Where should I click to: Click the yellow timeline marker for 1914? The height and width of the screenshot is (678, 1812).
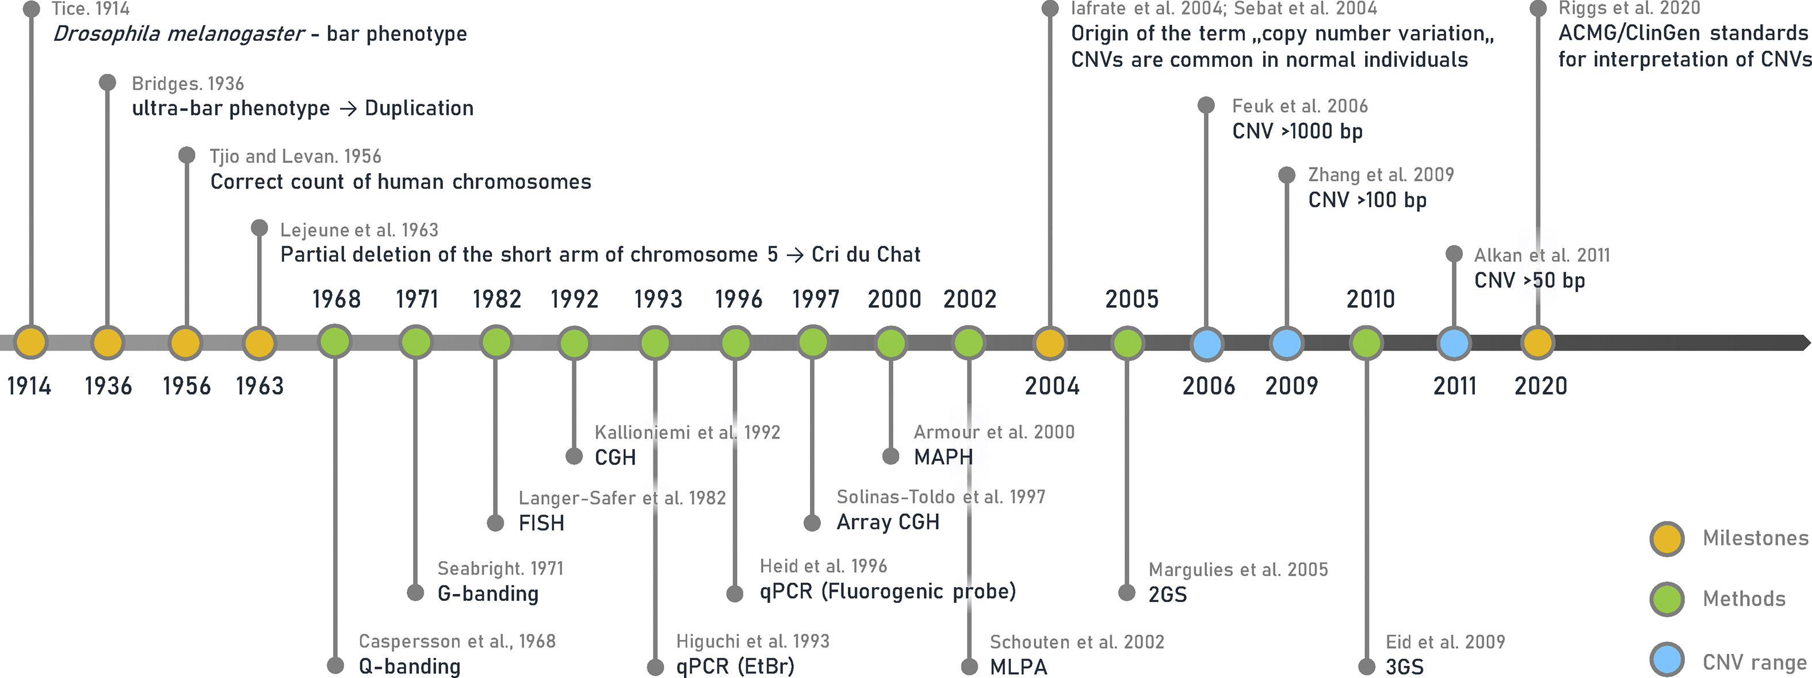coord(30,342)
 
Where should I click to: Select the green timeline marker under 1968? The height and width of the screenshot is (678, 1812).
coord(335,342)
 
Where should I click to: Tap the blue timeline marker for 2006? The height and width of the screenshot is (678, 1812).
coord(1207,344)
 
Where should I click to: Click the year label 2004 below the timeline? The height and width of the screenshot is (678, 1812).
coord(1052,386)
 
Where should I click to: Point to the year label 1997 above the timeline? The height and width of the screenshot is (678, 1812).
coord(815,299)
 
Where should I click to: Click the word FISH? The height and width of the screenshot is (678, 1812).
coord(541,523)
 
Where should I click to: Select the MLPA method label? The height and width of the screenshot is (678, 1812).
coord(1018,666)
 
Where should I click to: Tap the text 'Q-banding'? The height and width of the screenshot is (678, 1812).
coord(410,666)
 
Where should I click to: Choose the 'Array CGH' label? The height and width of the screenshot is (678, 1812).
coord(888,521)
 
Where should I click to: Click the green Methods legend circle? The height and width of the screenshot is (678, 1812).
coord(1666,599)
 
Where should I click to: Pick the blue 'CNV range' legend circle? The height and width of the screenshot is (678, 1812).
coord(1666,660)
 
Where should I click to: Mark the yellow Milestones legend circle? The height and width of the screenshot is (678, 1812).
coord(1666,539)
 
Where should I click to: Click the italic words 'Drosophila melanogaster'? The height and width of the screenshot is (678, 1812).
coord(179,34)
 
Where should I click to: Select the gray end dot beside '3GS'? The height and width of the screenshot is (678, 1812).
coord(1366,666)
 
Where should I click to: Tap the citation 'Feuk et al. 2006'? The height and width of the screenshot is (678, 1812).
coord(1299,106)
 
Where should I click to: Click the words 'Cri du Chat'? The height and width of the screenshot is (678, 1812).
coord(865,254)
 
